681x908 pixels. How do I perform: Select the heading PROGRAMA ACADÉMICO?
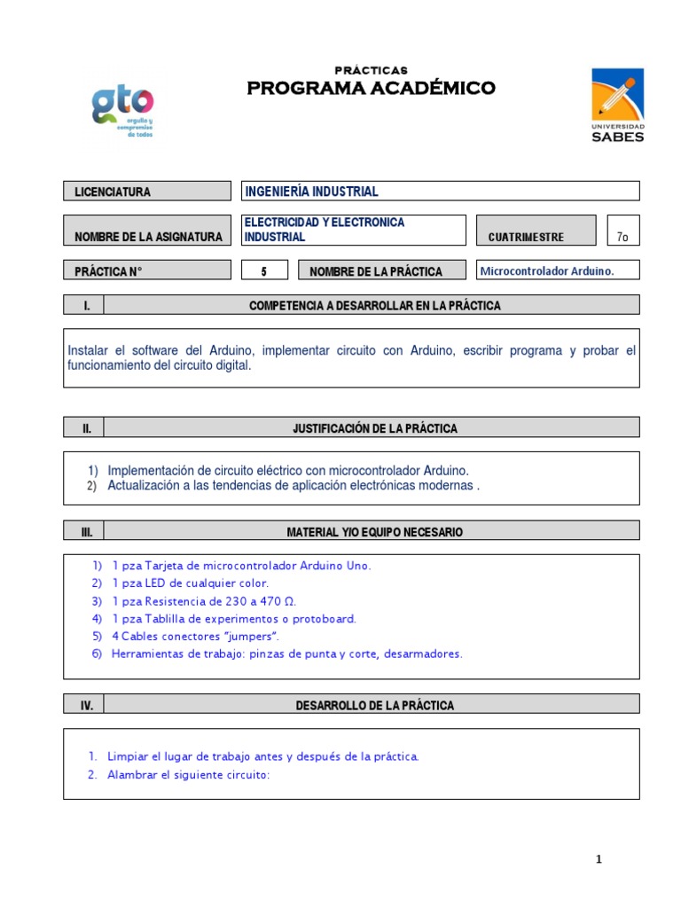point(371,88)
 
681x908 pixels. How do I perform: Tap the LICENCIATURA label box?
point(147,192)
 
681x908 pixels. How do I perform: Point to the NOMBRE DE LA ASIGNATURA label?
point(147,237)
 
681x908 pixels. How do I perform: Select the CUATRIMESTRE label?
point(526,237)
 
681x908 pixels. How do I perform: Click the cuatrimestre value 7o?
point(622,237)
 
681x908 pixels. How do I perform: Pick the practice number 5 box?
point(263,271)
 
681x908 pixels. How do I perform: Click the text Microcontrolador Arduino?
point(546,270)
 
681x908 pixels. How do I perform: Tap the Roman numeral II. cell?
point(86,428)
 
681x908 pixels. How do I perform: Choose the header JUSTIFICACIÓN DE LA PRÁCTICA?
point(375,428)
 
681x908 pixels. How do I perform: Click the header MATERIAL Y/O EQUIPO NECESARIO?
point(374,532)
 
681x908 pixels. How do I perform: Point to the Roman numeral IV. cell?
point(86,706)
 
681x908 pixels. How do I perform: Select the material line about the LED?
point(190,583)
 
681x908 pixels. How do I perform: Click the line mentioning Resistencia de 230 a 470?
point(203,601)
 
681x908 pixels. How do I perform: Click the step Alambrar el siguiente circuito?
point(187,774)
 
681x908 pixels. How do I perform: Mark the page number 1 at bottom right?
point(599,859)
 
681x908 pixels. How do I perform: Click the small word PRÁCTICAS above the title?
point(371,70)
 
